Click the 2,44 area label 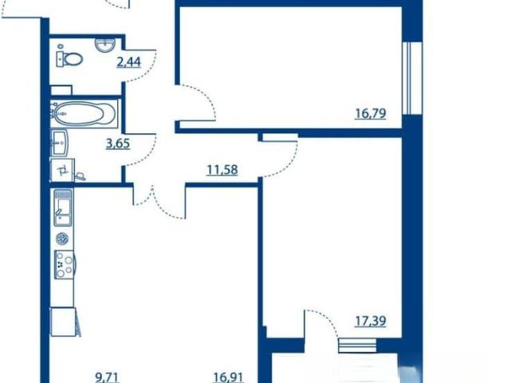pyautogui.click(x=129, y=61)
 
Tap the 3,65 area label pyautogui.click(x=118, y=144)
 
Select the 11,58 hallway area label pyautogui.click(x=222, y=170)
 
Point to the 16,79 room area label pyautogui.click(x=371, y=113)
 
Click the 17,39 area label pyautogui.click(x=371, y=321)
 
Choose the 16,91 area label pyautogui.click(x=229, y=377)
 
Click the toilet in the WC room pyautogui.click(x=69, y=59)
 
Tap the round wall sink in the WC pyautogui.click(x=104, y=45)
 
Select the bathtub pyautogui.click(x=84, y=113)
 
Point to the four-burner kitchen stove pyautogui.click(x=65, y=265)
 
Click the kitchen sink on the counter pyautogui.click(x=64, y=208)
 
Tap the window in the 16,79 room pyautogui.click(x=412, y=78)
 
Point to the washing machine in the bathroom pyautogui.click(x=62, y=170)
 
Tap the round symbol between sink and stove pyautogui.click(x=62, y=239)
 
